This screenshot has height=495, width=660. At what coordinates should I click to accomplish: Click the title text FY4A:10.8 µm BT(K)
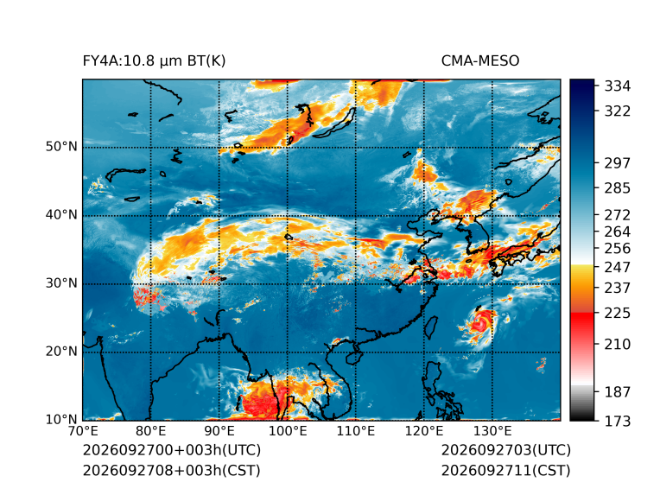(x=154, y=61)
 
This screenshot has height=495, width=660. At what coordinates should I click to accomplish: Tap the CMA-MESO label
(x=479, y=61)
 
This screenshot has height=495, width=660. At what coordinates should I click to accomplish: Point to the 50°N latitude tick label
(x=61, y=147)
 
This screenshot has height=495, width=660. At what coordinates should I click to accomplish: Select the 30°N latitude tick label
(x=61, y=283)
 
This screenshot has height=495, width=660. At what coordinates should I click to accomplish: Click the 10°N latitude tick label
(x=61, y=420)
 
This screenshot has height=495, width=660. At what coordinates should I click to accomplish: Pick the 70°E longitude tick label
(x=83, y=431)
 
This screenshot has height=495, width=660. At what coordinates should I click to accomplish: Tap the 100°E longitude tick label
(x=288, y=431)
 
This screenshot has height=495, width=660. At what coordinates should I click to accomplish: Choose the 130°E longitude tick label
(x=492, y=431)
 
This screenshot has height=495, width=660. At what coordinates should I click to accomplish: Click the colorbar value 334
(x=618, y=86)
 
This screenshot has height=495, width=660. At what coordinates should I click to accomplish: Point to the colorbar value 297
(x=618, y=163)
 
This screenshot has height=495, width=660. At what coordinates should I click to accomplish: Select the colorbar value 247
(x=618, y=267)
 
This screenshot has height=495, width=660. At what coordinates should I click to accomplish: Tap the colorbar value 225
(x=618, y=314)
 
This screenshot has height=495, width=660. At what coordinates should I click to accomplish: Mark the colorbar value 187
(x=618, y=392)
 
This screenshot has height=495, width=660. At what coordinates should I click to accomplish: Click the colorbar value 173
(x=618, y=421)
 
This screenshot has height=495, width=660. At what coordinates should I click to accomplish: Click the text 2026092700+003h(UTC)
(x=172, y=450)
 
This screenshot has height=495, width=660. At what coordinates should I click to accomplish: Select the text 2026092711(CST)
(x=506, y=471)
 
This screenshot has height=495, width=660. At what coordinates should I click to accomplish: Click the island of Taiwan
(x=430, y=328)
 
